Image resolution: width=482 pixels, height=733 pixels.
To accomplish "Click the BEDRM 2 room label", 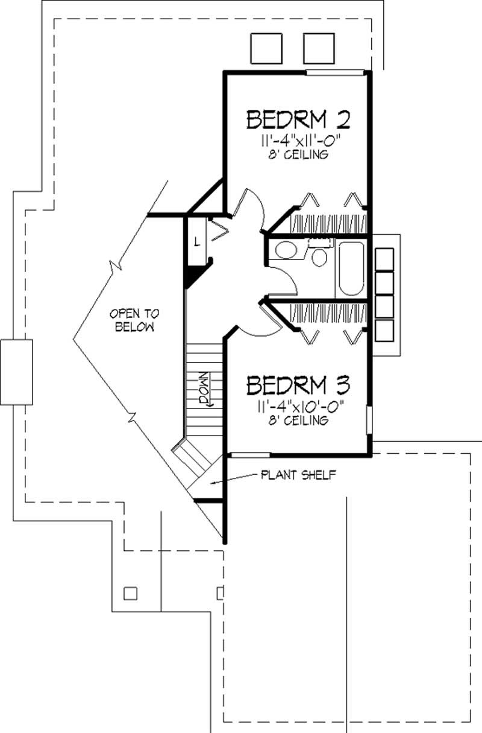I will pos(298,119).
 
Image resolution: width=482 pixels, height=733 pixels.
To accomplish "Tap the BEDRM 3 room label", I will pos(299,384).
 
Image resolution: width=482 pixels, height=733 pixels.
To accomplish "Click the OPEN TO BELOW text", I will pos(132,320).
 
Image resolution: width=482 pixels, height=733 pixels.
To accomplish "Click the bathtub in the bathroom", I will pos(350,268).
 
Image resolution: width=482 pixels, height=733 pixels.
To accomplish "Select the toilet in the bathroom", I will pos(320,257).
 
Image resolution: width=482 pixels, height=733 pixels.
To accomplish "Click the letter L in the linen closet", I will pos(196,243).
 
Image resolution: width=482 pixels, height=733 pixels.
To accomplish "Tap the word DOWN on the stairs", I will pos(204,389).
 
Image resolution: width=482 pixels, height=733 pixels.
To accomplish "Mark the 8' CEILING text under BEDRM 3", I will pos(299,420).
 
